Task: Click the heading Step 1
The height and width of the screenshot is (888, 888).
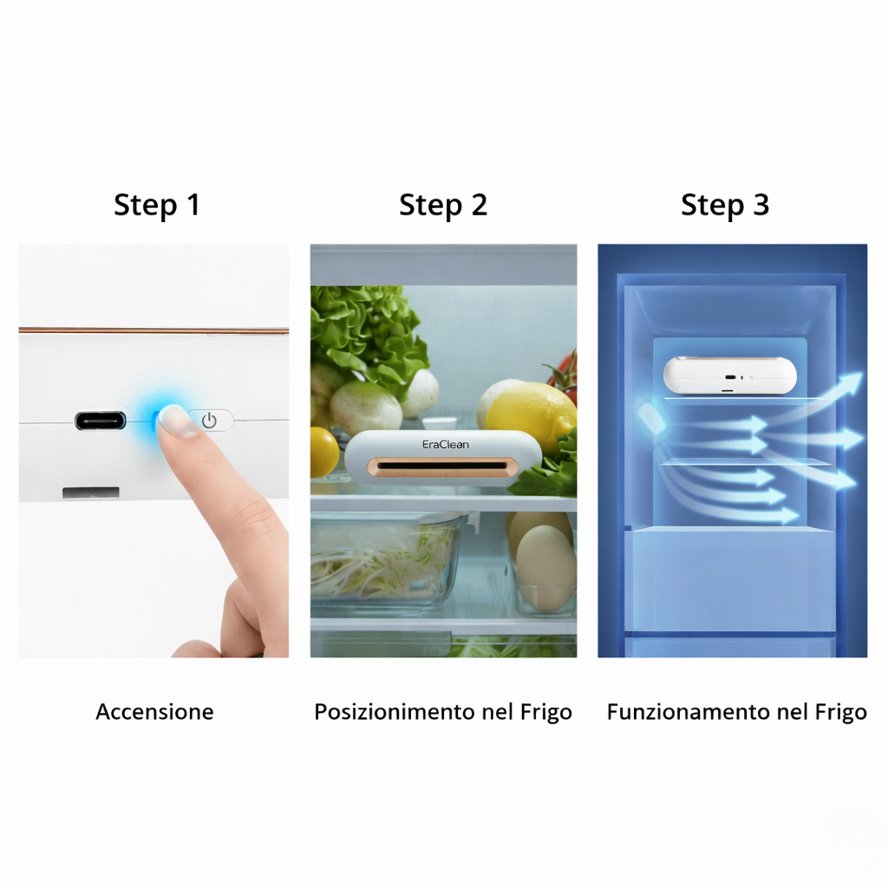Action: (157, 206)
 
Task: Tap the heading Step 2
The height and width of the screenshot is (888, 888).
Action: (443, 206)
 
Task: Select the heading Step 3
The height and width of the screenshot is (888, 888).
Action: (725, 206)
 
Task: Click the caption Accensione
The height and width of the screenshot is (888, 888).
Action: (154, 712)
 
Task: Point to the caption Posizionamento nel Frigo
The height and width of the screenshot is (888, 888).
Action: (443, 712)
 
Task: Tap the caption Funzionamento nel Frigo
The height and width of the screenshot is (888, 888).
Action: (736, 712)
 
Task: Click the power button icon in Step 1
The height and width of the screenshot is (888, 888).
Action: (209, 421)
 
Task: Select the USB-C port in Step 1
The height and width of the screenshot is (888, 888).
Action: (101, 421)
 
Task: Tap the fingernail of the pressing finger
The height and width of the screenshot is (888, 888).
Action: (177, 421)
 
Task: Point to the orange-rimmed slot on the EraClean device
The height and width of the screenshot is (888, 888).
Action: (443, 468)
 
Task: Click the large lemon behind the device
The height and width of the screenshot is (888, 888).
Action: (529, 415)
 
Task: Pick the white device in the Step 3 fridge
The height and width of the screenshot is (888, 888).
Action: (729, 375)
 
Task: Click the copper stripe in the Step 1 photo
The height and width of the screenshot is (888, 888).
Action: (153, 330)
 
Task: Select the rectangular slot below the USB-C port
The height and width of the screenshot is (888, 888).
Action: (91, 493)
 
